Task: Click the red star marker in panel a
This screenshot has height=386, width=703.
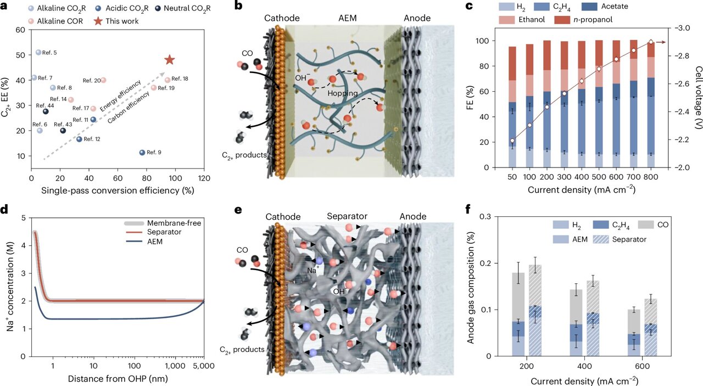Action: [169, 60]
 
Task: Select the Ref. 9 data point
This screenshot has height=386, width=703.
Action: [142, 152]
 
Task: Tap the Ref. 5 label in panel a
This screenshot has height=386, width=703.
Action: [49, 52]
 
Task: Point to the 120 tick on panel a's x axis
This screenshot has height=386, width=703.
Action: [204, 178]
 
